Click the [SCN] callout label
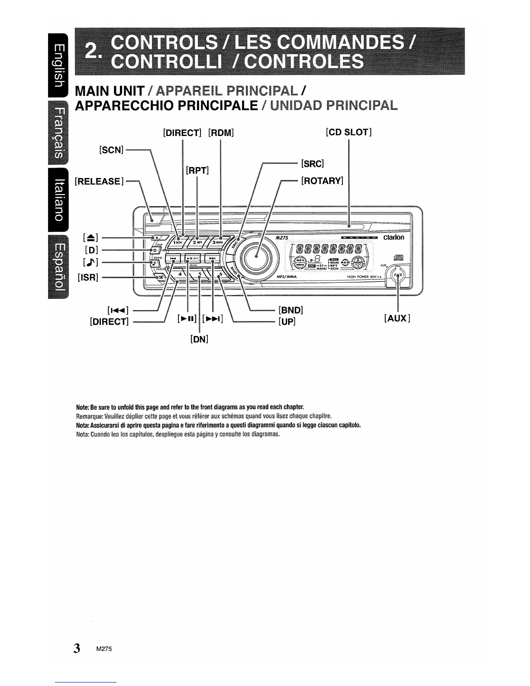pyautogui.click(x=111, y=149)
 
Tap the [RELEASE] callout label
pyautogui.click(x=99, y=181)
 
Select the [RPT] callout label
pyautogui.click(x=197, y=170)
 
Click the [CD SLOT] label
pyautogui.click(x=349, y=132)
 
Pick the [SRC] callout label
pyautogui.click(x=313, y=164)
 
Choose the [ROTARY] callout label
pyautogui.click(x=322, y=181)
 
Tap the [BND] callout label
pyautogui.click(x=291, y=310)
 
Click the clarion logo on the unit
pyautogui.click(x=393, y=237)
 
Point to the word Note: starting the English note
pyautogui.click(x=82, y=408)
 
